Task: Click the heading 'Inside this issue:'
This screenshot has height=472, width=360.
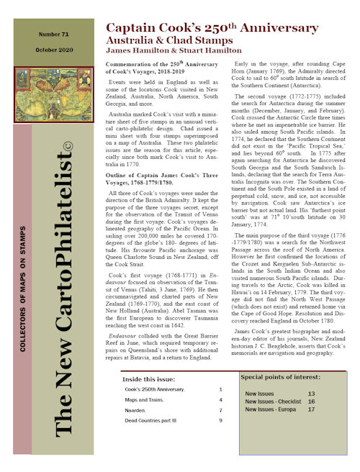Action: click(x=148, y=378)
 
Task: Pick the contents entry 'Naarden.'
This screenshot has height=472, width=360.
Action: click(x=135, y=409)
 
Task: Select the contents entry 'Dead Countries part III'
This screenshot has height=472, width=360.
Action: click(x=149, y=419)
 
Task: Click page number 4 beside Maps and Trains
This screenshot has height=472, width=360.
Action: click(x=220, y=399)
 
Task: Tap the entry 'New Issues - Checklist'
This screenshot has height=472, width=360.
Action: click(x=272, y=401)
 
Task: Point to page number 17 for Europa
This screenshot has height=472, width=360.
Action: click(x=311, y=409)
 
